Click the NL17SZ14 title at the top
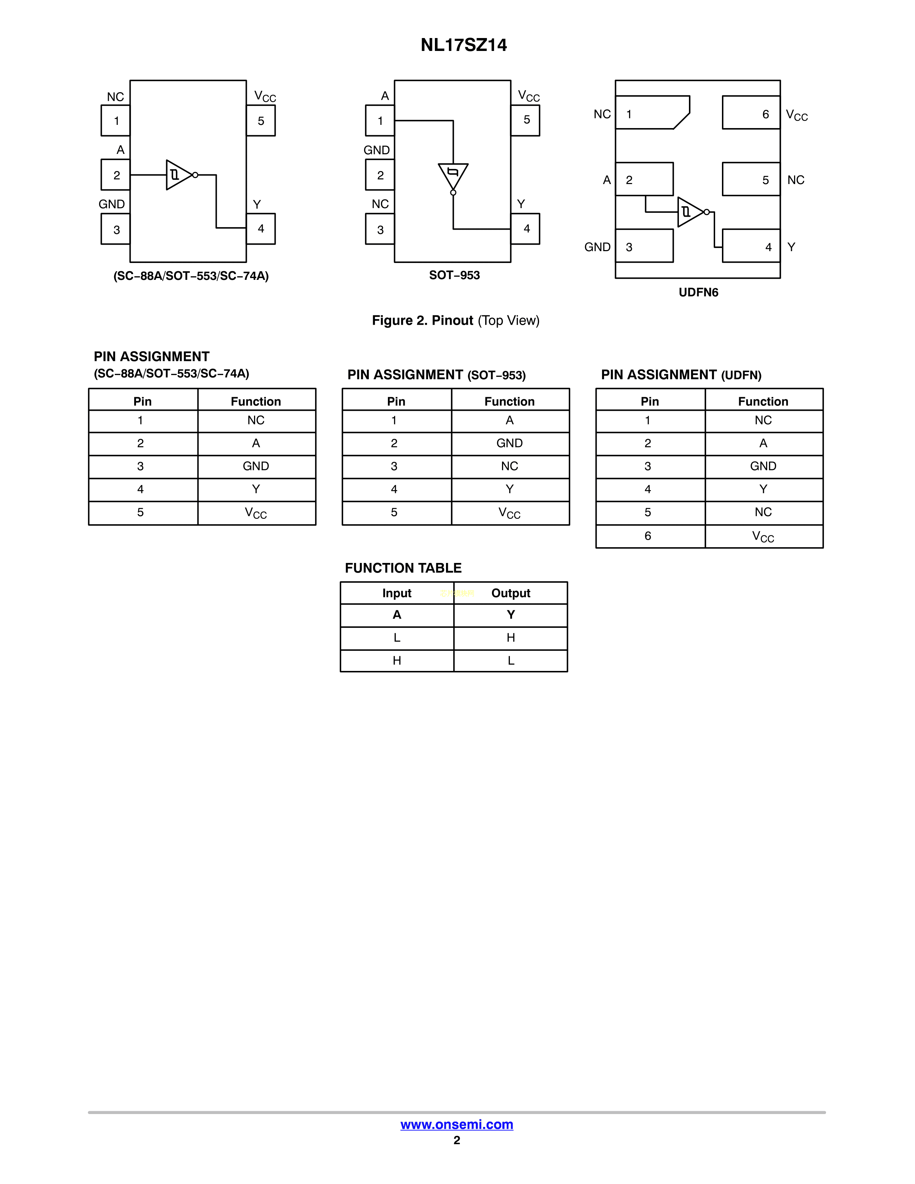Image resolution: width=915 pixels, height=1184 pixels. point(464,45)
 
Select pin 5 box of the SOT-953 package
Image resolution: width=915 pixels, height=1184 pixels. point(525,120)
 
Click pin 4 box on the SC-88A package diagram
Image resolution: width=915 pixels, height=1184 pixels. point(261,229)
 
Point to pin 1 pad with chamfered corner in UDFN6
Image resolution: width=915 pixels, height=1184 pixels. point(652,113)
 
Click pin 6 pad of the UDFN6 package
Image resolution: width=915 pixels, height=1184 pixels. point(751,113)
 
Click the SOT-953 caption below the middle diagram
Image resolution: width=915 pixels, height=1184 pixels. point(454,276)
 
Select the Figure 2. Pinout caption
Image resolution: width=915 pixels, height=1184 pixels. point(455,320)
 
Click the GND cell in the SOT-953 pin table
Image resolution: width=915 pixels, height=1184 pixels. point(510,443)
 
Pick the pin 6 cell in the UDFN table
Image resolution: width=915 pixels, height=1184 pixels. point(648,536)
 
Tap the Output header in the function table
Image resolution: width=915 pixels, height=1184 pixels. point(511,593)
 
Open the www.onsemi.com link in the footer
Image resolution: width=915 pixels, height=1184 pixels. point(456,1124)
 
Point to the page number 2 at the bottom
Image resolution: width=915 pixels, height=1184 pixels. point(457,1141)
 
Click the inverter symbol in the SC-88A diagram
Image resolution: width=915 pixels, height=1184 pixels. point(179,175)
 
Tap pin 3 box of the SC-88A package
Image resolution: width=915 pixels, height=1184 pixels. point(116,229)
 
